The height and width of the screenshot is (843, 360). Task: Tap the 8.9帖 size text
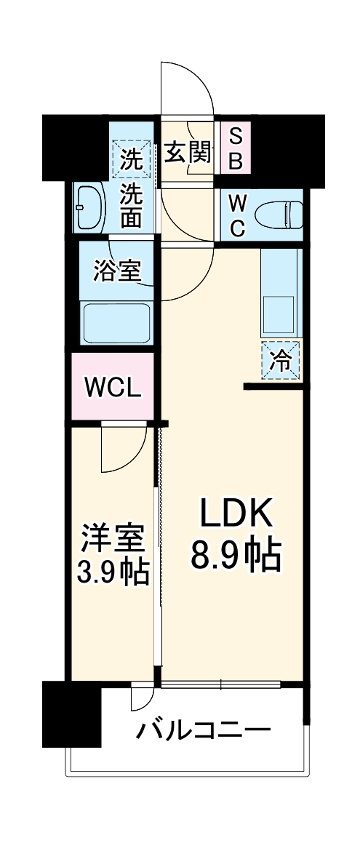tap(235, 556)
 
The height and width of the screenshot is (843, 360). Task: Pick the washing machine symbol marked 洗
tap(132, 158)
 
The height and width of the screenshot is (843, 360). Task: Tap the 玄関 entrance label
tap(188, 153)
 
